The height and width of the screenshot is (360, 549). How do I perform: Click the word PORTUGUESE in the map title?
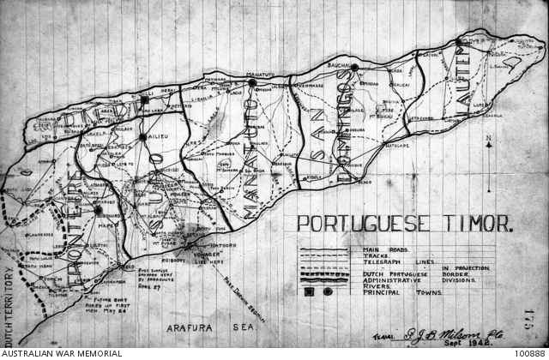359,225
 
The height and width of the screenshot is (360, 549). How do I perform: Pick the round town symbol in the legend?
329,292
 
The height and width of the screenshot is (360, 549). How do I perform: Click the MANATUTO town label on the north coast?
264,76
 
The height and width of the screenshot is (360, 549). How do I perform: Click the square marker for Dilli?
146,100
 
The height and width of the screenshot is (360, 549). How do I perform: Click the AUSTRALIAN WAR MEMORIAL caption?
62,352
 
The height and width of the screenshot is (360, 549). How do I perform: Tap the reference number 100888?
529,352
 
